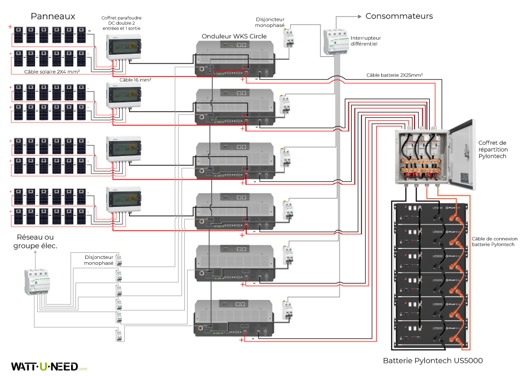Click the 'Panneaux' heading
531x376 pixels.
[x=52, y=16]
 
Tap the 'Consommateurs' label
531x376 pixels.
[x=399, y=16]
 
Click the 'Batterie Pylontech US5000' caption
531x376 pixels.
[x=433, y=361]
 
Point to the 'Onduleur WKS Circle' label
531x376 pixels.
[x=234, y=36]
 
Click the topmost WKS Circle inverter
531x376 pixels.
[x=234, y=60]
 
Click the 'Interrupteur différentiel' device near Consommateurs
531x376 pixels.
[x=335, y=42]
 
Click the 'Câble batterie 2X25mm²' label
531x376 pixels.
[x=394, y=74]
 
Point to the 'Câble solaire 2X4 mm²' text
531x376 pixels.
[x=52, y=71]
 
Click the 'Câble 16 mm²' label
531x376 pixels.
[x=135, y=80]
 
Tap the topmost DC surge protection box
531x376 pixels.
[x=123, y=47]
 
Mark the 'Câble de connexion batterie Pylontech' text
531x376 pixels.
[x=494, y=242]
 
